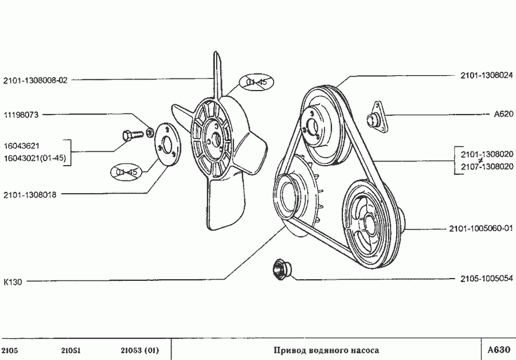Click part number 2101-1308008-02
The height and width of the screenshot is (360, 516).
(x=35, y=80)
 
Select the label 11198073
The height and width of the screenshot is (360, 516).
(x=21, y=115)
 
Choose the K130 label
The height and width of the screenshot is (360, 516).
(x=13, y=282)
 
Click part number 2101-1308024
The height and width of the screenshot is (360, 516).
(x=486, y=75)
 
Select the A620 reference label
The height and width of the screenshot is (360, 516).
(x=503, y=114)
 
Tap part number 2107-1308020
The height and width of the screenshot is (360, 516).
(x=486, y=166)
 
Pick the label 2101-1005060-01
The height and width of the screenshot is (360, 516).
(x=480, y=229)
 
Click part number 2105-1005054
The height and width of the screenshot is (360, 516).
(x=486, y=279)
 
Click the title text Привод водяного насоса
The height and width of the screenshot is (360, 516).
(x=326, y=350)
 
